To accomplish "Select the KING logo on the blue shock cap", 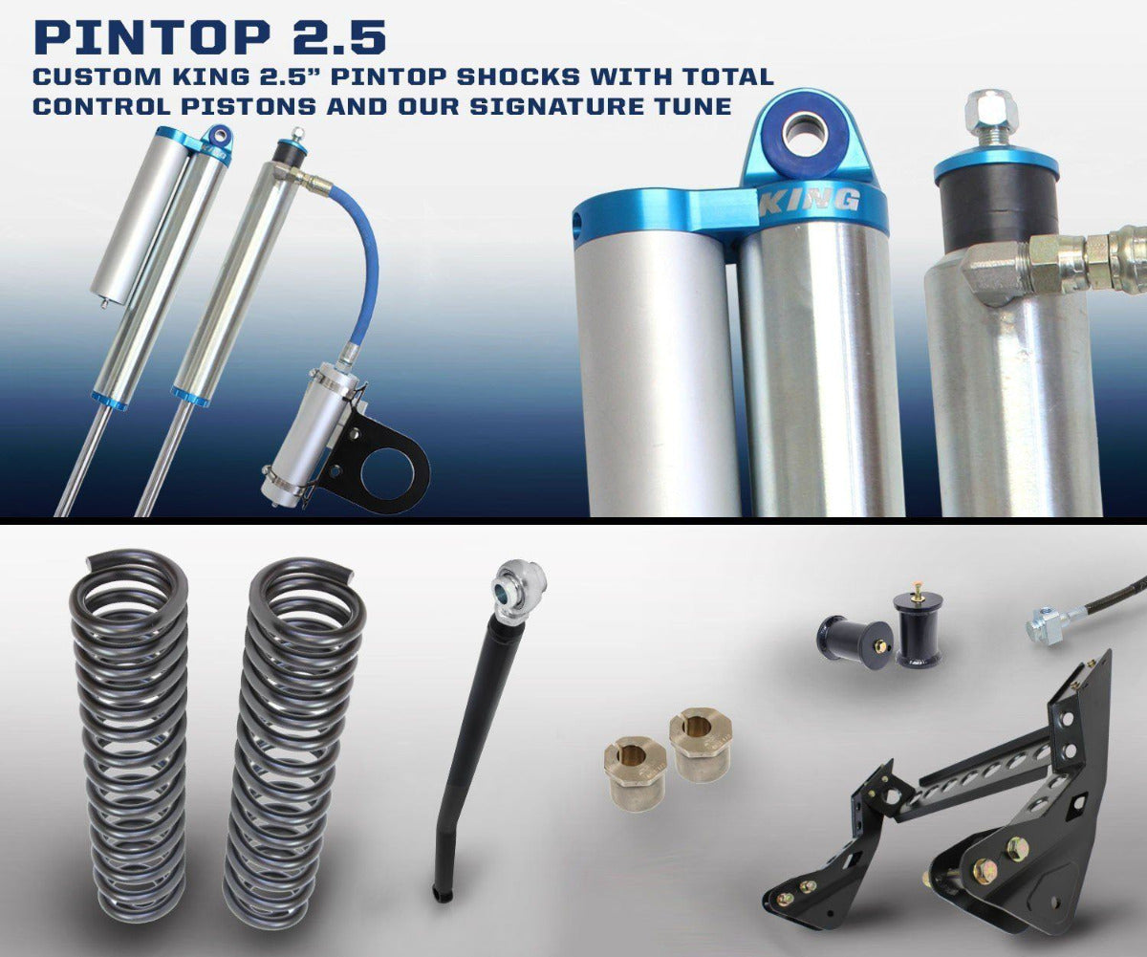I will (x=808, y=202).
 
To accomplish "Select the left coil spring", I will (x=129, y=727).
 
